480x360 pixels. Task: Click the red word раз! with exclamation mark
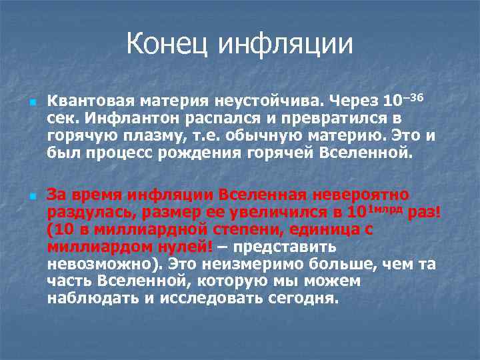[425, 213]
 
